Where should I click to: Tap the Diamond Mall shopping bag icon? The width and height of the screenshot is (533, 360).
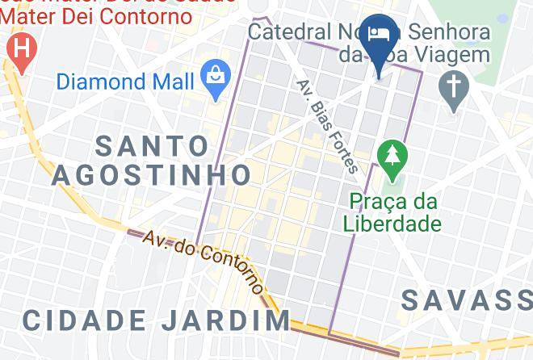pos(216,79)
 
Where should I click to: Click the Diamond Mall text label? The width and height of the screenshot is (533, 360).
pos(125,81)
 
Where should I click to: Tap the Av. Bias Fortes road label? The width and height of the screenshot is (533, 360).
pos(326,126)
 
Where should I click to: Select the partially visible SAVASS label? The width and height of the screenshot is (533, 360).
pos(466,300)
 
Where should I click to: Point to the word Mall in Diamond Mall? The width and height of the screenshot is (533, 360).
pos(173,81)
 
